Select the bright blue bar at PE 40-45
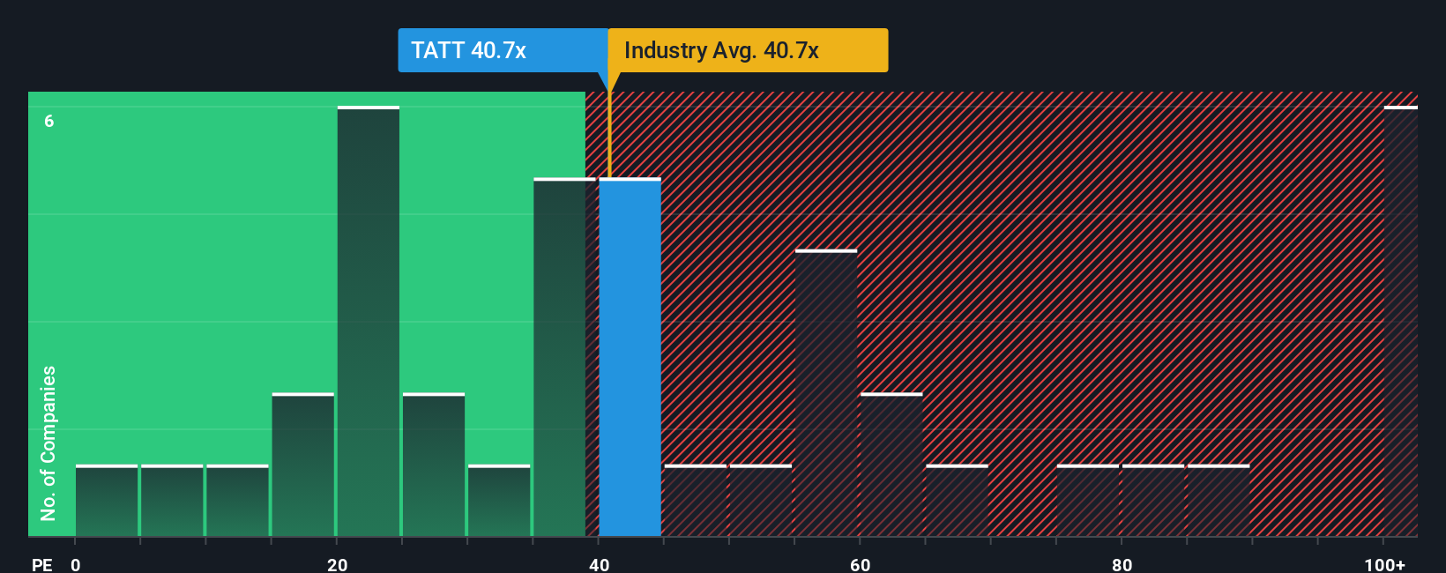[x=630, y=357]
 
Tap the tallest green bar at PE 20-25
[x=369, y=322]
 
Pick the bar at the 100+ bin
[x=1400, y=322]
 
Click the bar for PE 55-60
[x=826, y=393]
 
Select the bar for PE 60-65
[x=891, y=465]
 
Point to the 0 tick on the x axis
[x=76, y=564]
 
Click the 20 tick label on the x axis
[x=337, y=564]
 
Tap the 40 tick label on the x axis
[x=599, y=564]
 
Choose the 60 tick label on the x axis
[x=860, y=564]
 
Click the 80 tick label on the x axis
[x=1122, y=564]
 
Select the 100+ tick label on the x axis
[x=1384, y=564]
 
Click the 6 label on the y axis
[x=49, y=121]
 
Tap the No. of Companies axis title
[x=48, y=443]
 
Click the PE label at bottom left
[x=41, y=564]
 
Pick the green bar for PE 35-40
[x=563, y=357]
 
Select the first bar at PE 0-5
[x=107, y=501]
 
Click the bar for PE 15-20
[x=303, y=465]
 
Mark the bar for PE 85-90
[x=1219, y=501]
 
